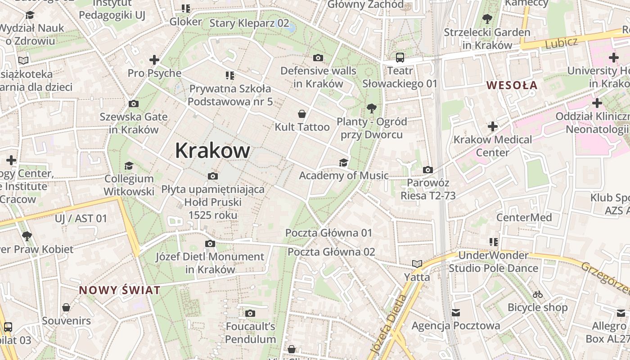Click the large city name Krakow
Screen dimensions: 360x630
(x=212, y=150)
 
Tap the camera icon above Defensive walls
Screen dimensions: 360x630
(x=318, y=58)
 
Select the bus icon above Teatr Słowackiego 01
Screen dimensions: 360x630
(x=400, y=58)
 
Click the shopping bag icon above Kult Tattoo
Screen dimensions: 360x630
(x=302, y=114)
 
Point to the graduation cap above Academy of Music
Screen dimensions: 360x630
(x=344, y=162)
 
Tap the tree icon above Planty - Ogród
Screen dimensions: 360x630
(x=371, y=108)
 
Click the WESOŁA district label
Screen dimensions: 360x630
(x=512, y=85)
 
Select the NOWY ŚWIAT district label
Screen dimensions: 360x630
(x=120, y=290)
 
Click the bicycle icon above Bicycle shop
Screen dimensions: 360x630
(x=537, y=295)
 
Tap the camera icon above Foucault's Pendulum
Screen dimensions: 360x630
(x=250, y=313)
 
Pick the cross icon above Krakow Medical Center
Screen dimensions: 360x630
(x=493, y=126)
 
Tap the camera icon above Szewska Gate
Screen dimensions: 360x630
(x=134, y=104)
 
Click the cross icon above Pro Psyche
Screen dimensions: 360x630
(x=154, y=60)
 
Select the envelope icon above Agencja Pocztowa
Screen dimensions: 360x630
(x=456, y=312)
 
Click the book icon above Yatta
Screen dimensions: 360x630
(x=417, y=264)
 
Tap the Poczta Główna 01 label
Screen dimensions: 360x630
(x=329, y=233)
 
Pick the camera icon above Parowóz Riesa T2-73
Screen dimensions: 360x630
(x=428, y=170)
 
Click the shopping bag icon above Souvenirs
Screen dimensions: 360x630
(x=66, y=308)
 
